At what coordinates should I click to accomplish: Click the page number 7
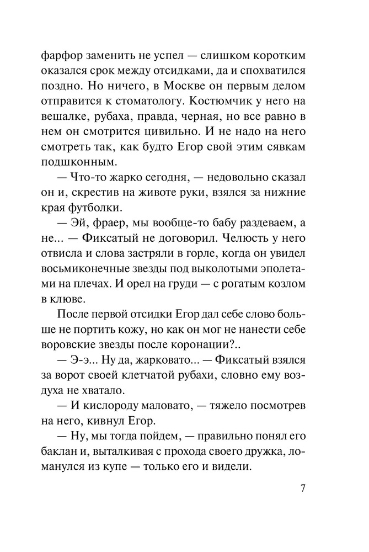[x=303, y=489]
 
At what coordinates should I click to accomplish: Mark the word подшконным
[x=85, y=164]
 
